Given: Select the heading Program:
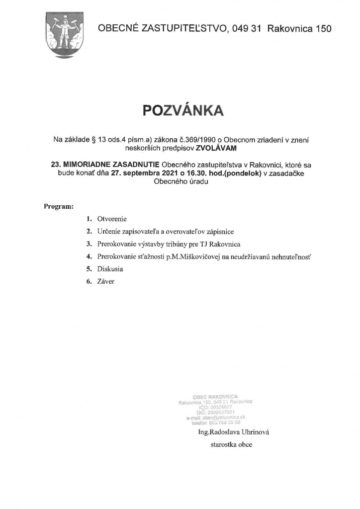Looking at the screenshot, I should [x=59, y=206].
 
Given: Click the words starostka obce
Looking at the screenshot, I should [x=232, y=445].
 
